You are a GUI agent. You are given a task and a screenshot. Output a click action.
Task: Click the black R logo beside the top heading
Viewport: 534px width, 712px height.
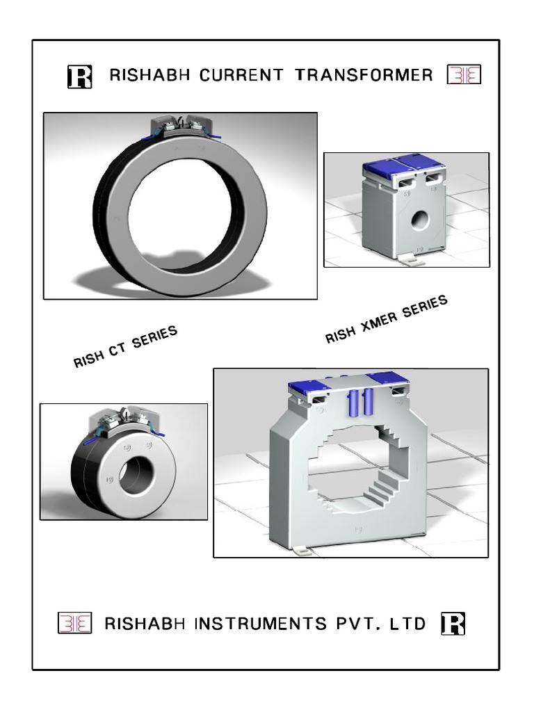[x=79, y=76]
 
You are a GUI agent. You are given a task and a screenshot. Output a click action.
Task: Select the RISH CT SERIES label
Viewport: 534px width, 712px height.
[x=126, y=346]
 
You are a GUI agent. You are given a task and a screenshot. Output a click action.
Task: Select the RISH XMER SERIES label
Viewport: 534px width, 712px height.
[x=387, y=318]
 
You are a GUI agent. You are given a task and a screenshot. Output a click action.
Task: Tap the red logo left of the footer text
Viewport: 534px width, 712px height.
[x=74, y=624]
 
